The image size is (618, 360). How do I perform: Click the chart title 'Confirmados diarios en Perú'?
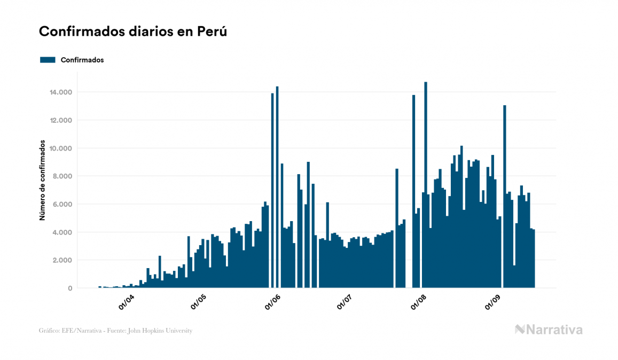(133, 32)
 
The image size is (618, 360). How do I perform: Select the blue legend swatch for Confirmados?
(48, 60)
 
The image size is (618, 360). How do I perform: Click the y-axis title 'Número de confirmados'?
(42, 182)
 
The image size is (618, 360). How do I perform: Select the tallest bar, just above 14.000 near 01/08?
(426, 184)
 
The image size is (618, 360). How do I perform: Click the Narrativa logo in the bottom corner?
(549, 330)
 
